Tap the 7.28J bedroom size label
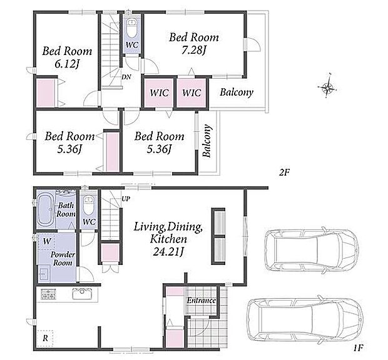click(x=194, y=51)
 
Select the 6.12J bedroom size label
click(x=67, y=64)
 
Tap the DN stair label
click(x=126, y=77)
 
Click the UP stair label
click(x=125, y=199)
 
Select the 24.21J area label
click(x=168, y=252)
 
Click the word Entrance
click(x=201, y=301)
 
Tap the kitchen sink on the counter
click(x=82, y=294)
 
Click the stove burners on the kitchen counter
click(x=48, y=294)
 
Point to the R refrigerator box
click(x=45, y=338)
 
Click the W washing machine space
click(x=46, y=241)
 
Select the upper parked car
click(x=311, y=250)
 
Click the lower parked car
click(x=305, y=320)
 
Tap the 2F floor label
click(x=284, y=172)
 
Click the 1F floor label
click(x=358, y=348)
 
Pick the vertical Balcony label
click(x=207, y=141)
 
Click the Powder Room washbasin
click(x=44, y=274)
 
